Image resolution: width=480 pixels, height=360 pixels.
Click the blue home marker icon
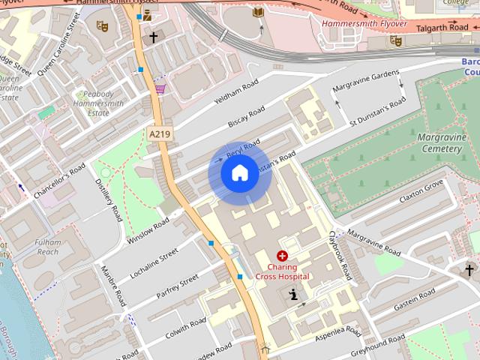(x=238, y=174)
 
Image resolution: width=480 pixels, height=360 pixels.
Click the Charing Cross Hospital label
(x=282, y=271)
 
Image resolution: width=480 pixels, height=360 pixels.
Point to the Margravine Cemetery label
(x=430, y=143)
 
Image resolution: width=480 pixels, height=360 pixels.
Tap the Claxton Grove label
(x=421, y=191)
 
